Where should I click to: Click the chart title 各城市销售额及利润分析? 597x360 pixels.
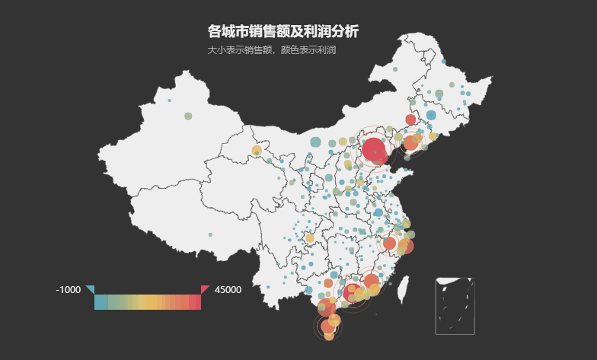point(283,31)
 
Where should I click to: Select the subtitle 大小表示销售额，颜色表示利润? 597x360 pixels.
point(271,50)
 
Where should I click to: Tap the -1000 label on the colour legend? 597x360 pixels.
point(69,290)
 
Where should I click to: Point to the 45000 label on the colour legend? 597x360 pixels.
point(228,290)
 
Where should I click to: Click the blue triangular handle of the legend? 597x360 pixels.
point(91,288)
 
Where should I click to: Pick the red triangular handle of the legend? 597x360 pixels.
point(204,288)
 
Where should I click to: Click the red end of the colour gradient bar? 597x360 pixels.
point(196,302)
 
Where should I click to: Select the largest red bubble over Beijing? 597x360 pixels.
point(374,149)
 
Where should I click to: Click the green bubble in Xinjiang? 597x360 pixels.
point(188,116)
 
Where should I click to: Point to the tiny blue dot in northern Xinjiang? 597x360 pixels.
point(169,100)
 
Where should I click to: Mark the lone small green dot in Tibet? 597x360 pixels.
point(210,234)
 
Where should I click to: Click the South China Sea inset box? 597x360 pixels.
point(455,306)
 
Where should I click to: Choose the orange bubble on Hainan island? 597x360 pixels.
point(328,327)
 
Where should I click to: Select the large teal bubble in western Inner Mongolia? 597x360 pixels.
point(315,142)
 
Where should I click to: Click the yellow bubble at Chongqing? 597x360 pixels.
point(310,239)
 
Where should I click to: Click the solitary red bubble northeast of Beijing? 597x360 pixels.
point(410,119)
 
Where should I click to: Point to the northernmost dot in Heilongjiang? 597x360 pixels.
point(395,70)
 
